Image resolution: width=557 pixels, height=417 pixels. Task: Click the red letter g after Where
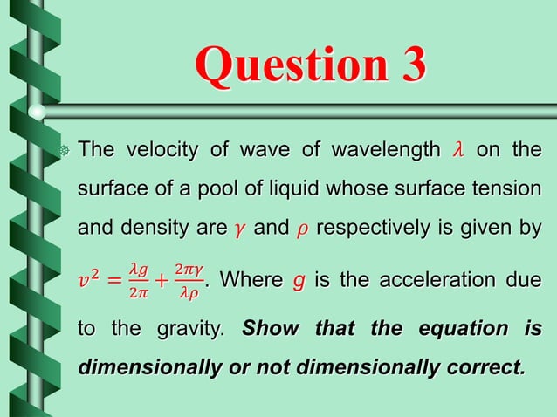tap(299, 282)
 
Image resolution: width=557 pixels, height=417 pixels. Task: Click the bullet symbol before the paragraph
tap(64, 151)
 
